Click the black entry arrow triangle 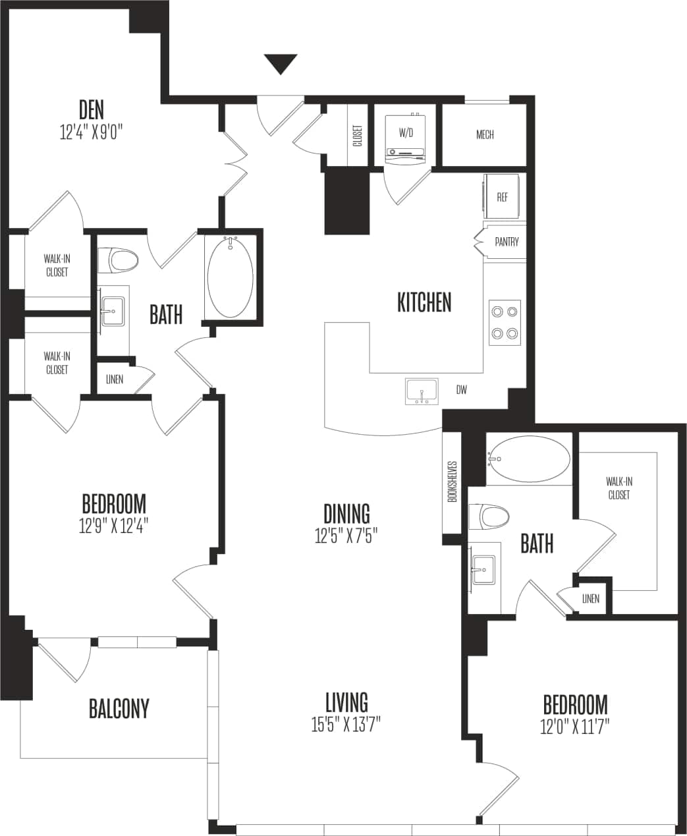point(281,64)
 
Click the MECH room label point(485,135)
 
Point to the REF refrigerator point(502,197)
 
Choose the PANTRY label point(507,242)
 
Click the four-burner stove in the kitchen point(505,323)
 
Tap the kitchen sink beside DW point(422,391)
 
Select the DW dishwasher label point(462,390)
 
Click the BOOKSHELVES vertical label point(452,482)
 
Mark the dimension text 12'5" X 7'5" point(346,536)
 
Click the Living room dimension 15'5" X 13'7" point(346,725)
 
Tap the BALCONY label point(119,709)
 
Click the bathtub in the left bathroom point(230,277)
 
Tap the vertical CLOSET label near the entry point(358,135)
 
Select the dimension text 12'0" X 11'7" point(575,727)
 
